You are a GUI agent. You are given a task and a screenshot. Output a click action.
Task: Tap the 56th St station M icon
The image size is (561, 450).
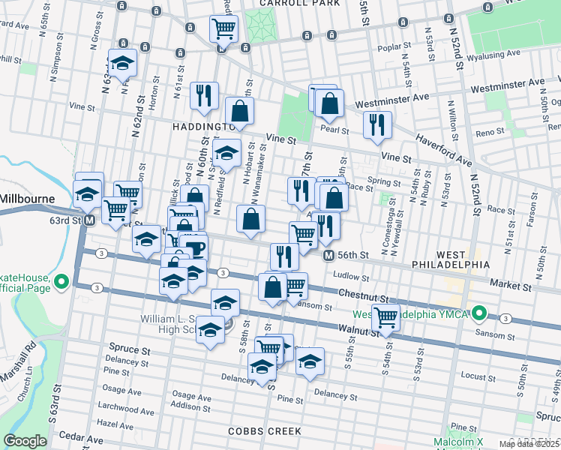[x=328, y=256]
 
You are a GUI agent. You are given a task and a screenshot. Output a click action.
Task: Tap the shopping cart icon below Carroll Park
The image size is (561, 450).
[x=224, y=28]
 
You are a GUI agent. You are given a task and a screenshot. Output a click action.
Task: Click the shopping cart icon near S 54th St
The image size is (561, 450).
[x=386, y=316]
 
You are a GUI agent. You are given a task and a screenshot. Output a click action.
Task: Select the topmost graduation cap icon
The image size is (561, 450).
[x=123, y=62]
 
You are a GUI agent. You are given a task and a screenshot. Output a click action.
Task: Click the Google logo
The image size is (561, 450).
[x=25, y=440]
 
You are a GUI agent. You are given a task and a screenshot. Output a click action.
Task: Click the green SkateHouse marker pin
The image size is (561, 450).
[x=64, y=283]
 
